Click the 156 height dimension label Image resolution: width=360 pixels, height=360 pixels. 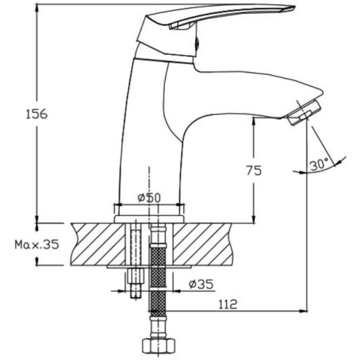click(x=37, y=114)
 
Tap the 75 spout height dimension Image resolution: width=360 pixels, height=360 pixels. click(x=254, y=170)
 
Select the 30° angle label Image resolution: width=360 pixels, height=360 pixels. click(x=319, y=164)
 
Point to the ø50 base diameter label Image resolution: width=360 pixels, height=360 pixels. click(x=149, y=198)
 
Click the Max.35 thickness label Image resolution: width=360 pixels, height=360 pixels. click(x=37, y=245)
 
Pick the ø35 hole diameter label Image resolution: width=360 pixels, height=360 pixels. click(x=201, y=284)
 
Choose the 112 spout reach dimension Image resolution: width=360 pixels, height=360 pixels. click(x=227, y=304)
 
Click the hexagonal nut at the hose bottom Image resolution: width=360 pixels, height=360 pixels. click(x=158, y=346)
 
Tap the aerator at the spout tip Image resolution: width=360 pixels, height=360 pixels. click(x=304, y=113)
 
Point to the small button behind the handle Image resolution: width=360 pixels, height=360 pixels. click(x=197, y=44)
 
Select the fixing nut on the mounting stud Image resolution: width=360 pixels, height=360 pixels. click(x=135, y=277)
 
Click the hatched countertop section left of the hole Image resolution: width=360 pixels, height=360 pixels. click(x=98, y=244)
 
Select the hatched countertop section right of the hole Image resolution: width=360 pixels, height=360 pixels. click(x=202, y=244)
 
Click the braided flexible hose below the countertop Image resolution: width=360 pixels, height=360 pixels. click(x=158, y=281)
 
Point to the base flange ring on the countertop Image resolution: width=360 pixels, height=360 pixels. click(x=149, y=219)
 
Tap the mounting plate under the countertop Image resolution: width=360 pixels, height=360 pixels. click(x=149, y=267)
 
